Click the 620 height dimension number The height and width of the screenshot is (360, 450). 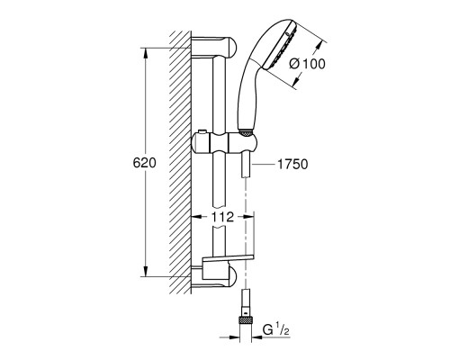(x=145, y=163)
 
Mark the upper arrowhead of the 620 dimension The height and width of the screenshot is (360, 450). (x=145, y=43)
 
